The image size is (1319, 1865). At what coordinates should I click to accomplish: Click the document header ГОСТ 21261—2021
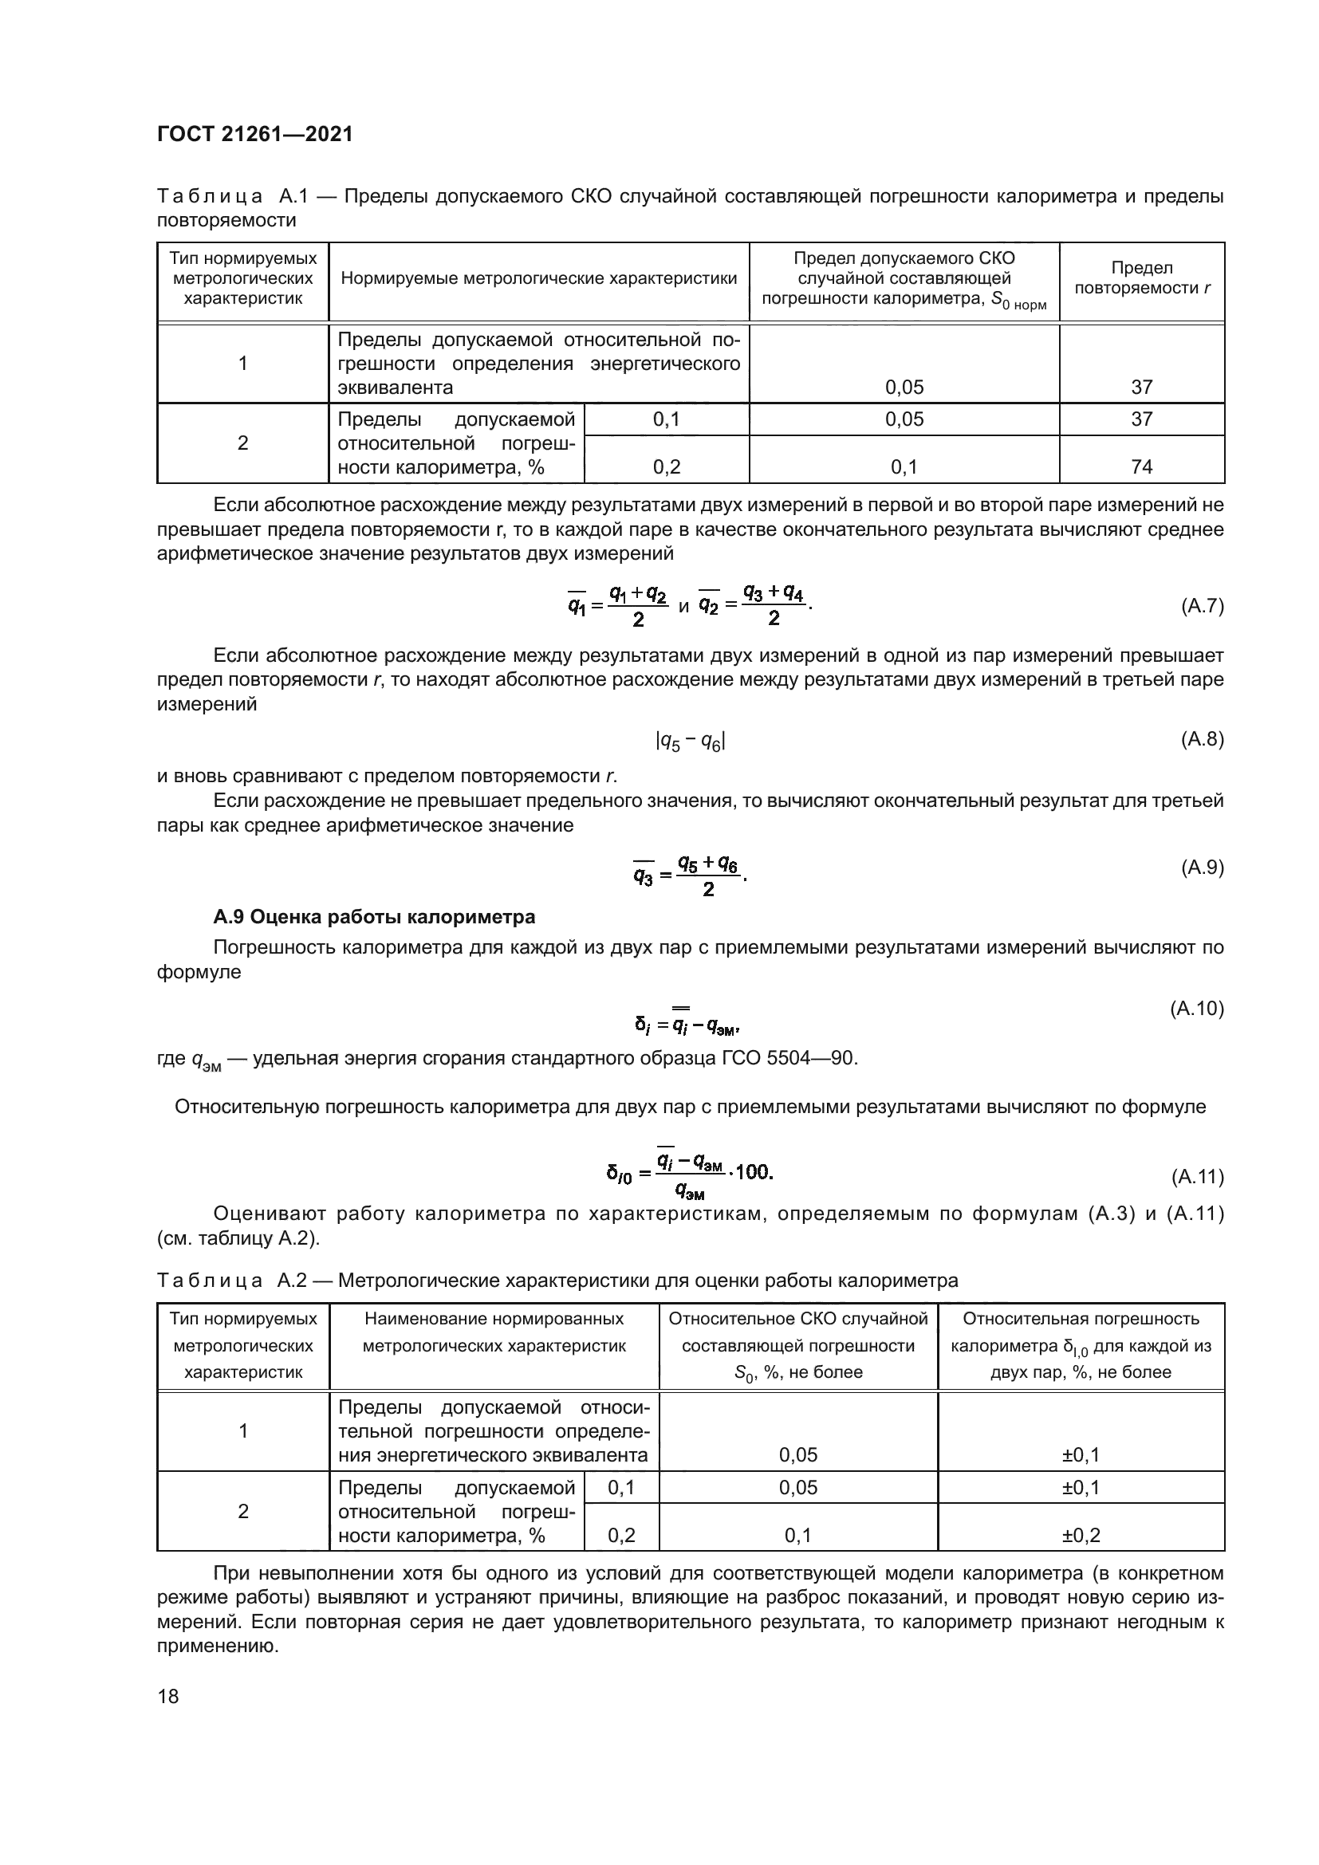coord(254,134)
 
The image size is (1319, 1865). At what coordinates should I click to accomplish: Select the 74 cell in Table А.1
coord(1141,466)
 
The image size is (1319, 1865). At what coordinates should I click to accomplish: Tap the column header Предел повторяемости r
coord(1141,277)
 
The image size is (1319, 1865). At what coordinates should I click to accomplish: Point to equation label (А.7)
coord(1201,606)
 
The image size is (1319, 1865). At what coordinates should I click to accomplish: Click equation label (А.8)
coord(1201,739)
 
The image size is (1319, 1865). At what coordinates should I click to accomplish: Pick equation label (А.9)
coord(1201,868)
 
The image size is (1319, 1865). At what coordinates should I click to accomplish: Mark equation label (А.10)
coord(1196,1009)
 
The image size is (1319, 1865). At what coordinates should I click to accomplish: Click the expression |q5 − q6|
coord(690,741)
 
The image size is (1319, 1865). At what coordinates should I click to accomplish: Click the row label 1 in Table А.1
coord(242,363)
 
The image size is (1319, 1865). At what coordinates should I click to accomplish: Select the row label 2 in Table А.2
coord(242,1511)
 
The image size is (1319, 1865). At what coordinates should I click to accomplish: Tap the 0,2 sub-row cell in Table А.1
coord(666,466)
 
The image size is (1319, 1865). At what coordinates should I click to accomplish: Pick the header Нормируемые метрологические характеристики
coord(538,278)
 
